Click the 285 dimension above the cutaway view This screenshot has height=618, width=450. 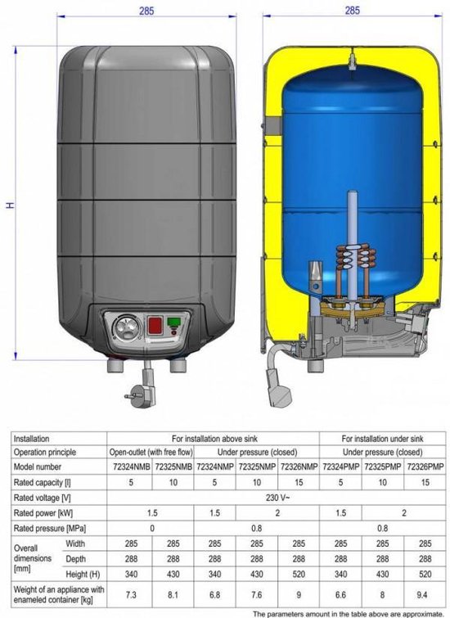click(352, 11)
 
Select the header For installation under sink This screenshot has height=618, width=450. click(380, 438)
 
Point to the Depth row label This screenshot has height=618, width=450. click(75, 559)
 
